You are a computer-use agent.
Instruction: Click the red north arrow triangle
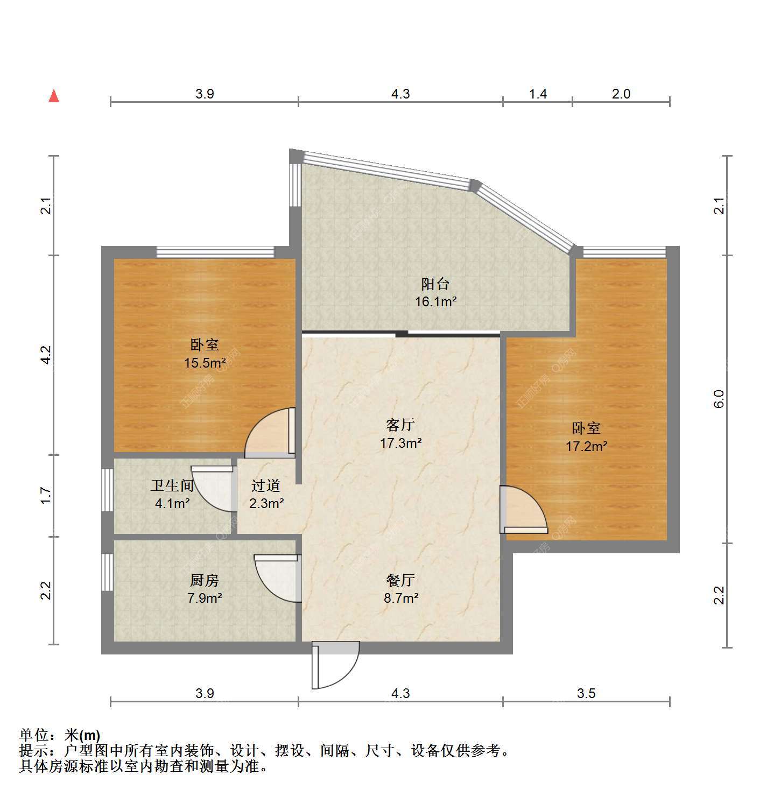point(54,96)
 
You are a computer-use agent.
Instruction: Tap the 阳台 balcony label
point(435,284)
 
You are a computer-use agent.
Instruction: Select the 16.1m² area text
point(435,301)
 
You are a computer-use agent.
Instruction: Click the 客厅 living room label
point(400,425)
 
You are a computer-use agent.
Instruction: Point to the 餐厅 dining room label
point(400,580)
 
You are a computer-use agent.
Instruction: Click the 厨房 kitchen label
point(205,580)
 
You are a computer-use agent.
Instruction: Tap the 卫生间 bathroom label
point(172,485)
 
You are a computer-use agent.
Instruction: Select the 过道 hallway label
point(266,485)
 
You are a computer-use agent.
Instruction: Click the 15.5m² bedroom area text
point(205,363)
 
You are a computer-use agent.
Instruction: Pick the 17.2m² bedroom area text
point(586,446)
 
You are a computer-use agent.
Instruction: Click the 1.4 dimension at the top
point(538,94)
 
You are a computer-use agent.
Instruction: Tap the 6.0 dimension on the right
point(719,399)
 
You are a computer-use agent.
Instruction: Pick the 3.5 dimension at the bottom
point(586,693)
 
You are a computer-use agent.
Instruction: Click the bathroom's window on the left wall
point(108,490)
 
